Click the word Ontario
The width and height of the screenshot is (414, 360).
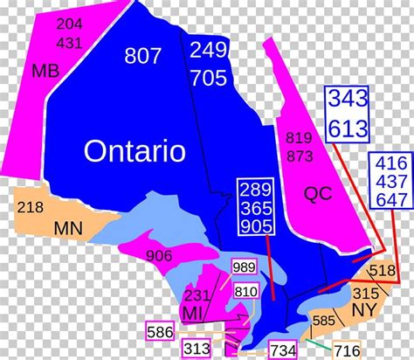click(x=135, y=151)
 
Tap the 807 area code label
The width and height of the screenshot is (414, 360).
click(x=143, y=56)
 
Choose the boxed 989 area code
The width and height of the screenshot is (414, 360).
click(x=244, y=267)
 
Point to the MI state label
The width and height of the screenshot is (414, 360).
click(x=190, y=313)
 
